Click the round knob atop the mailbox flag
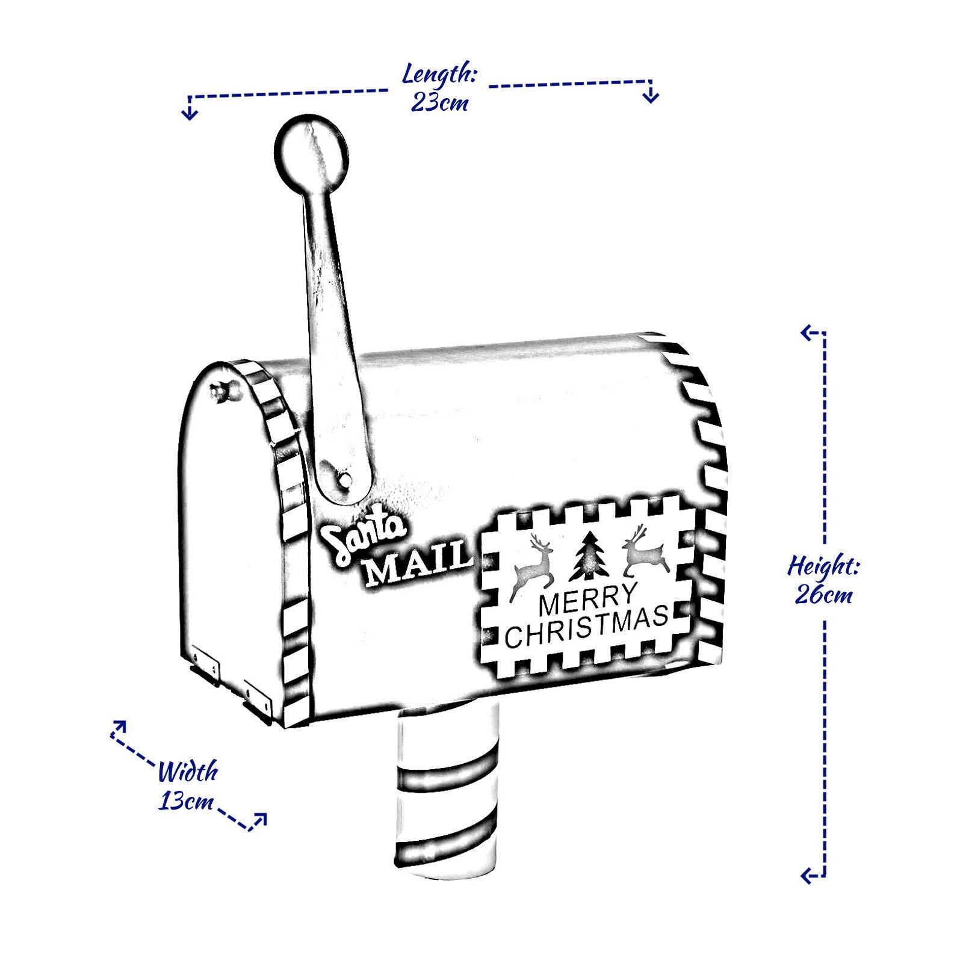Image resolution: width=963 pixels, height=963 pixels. click(x=312, y=150)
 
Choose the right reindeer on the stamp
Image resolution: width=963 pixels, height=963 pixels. click(x=645, y=550)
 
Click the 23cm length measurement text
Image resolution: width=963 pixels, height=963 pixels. click(x=440, y=103)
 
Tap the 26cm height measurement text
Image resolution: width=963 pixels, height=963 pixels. click(x=823, y=596)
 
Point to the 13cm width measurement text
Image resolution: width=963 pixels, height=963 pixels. click(x=187, y=802)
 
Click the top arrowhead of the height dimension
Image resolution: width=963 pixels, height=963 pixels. click(x=809, y=332)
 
